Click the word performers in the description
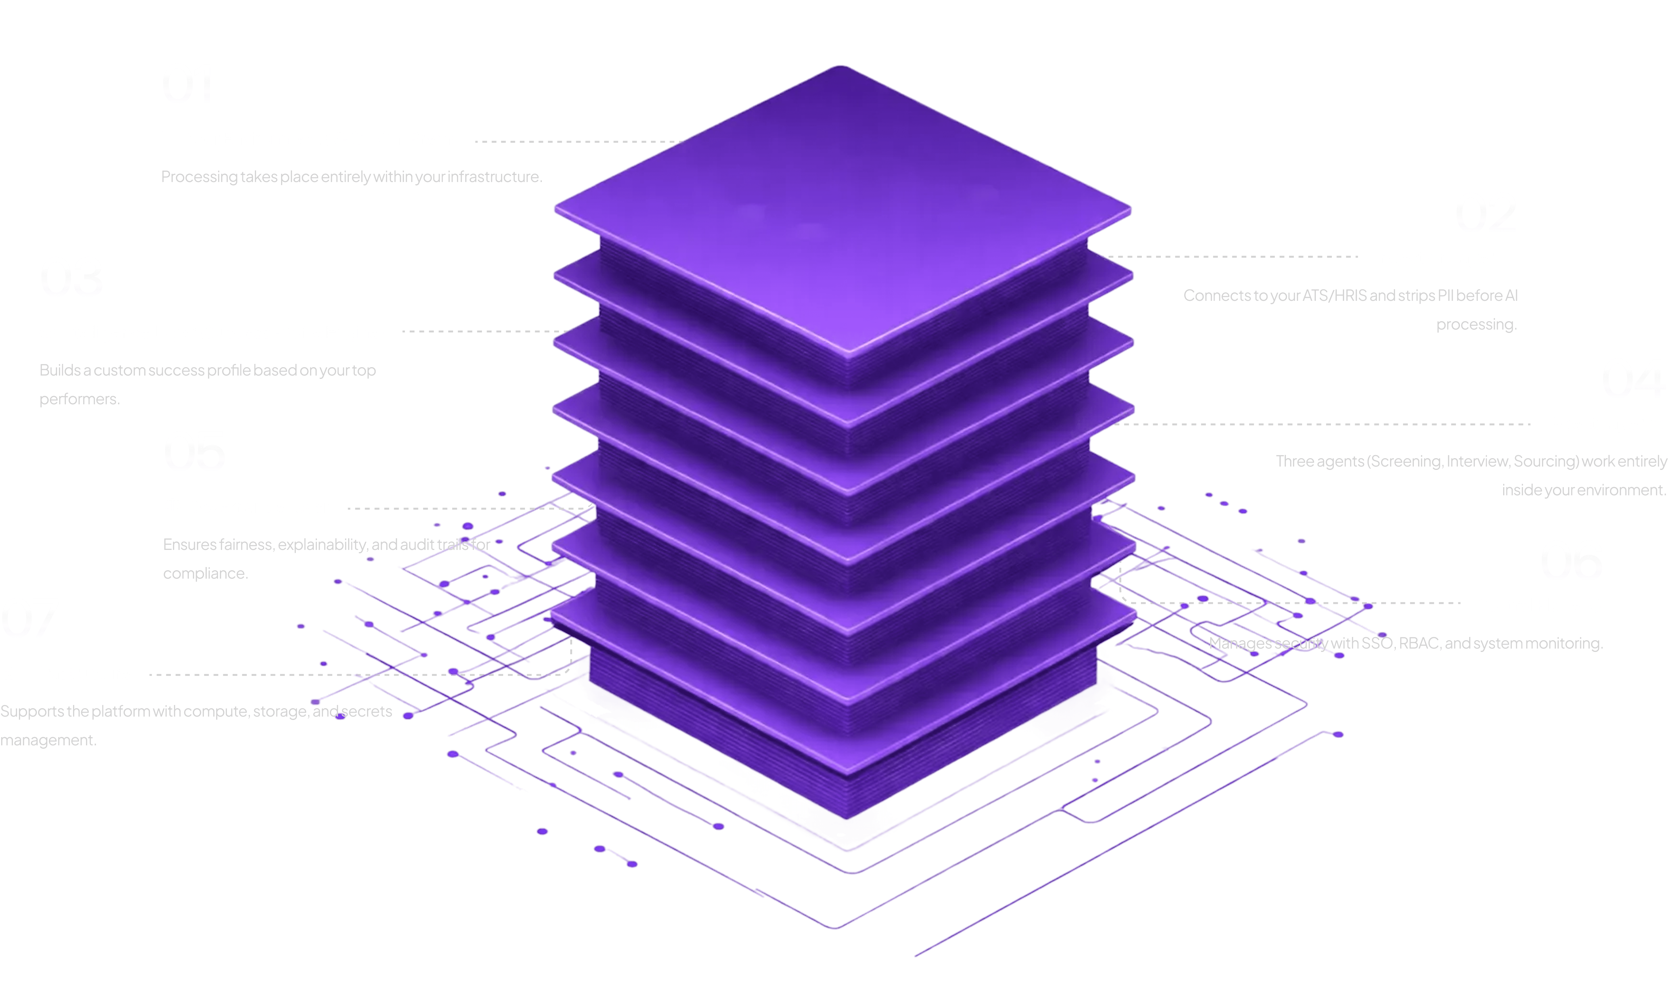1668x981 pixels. pyautogui.click(x=79, y=399)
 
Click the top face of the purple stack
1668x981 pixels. pyautogui.click(x=842, y=212)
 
